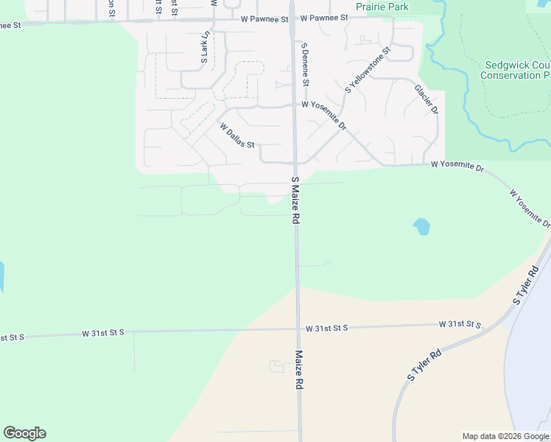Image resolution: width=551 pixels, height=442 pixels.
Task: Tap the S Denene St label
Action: point(304,63)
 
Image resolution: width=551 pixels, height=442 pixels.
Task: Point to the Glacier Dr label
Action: point(427,99)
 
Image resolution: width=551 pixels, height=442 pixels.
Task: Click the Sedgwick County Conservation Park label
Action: point(516,70)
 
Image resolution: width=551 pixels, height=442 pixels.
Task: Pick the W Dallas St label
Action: point(236,135)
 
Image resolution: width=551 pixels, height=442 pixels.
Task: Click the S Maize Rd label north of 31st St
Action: point(295,200)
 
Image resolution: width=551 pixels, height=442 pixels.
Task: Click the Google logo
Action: point(24,433)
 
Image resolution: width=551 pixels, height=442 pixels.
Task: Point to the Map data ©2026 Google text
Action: point(505,436)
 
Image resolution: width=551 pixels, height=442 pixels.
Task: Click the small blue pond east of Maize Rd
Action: point(421,226)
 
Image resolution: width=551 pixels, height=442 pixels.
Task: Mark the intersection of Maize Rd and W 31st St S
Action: point(298,329)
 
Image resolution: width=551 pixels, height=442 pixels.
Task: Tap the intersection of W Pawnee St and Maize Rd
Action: point(292,20)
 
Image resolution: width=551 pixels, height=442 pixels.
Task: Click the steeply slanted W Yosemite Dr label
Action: point(530,207)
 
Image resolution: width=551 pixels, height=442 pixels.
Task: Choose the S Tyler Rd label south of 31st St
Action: point(424,365)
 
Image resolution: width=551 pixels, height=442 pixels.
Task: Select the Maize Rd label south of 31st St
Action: point(300,370)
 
